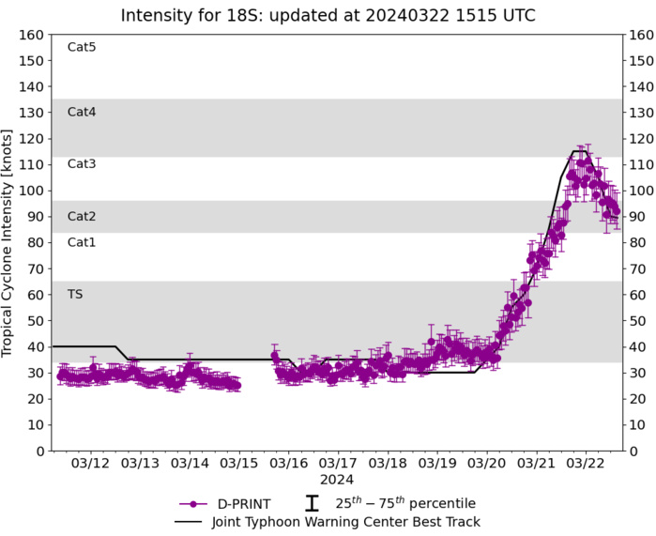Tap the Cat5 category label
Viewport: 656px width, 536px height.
pos(82,47)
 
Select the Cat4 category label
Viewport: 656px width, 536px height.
pos(82,112)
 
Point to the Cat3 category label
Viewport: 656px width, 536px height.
pos(82,163)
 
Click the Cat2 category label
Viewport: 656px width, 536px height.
pos(82,216)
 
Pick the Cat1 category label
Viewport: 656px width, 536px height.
pos(82,242)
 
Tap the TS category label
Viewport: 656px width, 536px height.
pos(75,294)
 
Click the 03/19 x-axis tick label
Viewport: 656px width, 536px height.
pos(437,463)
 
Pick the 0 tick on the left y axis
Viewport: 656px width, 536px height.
pos(41,451)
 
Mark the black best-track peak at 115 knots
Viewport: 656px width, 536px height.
pos(579,151)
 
